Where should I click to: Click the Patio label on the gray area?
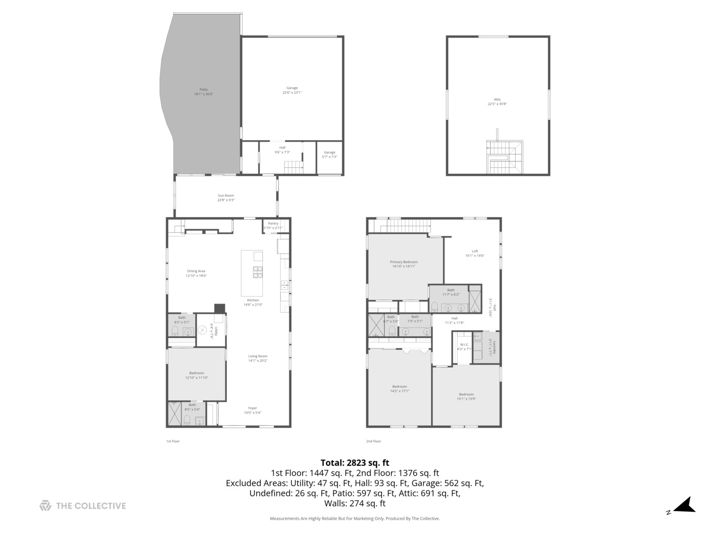[x=203, y=91]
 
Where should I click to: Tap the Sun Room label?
[x=226, y=197]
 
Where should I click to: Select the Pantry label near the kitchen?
[x=273, y=225]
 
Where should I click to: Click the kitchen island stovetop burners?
[x=258, y=272]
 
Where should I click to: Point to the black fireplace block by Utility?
[x=220, y=308]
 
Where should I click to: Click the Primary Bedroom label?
[x=403, y=264]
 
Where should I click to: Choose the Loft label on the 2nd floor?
[x=475, y=253]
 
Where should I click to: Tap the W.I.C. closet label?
[x=464, y=346]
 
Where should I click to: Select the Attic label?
[x=497, y=102]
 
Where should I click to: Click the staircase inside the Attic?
[x=504, y=157]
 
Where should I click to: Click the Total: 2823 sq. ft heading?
[x=355, y=462]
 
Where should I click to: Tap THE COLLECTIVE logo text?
[x=91, y=505]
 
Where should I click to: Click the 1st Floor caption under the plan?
[x=173, y=441]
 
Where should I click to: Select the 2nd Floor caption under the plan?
[x=373, y=441]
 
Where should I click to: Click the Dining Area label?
[x=196, y=273]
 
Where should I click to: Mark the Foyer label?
[x=252, y=410]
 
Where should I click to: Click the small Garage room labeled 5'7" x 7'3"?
[x=329, y=154]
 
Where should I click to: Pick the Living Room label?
[x=257, y=358]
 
